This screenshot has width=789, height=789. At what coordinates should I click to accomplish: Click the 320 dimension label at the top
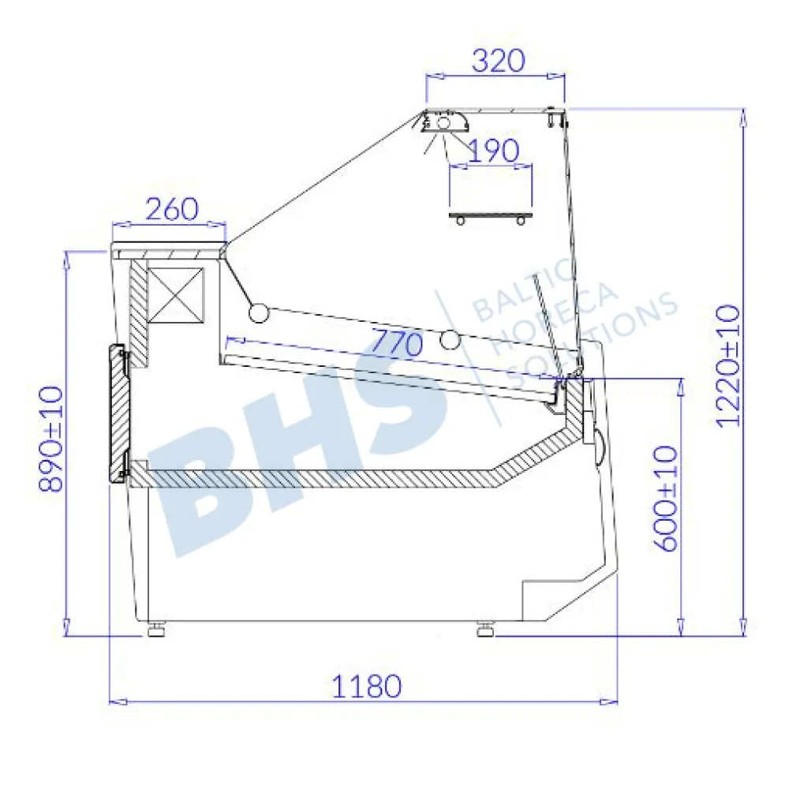pyautogui.click(x=498, y=61)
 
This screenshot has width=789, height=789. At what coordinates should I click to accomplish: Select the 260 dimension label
pyautogui.click(x=172, y=209)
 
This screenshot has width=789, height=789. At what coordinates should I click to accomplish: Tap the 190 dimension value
pyautogui.click(x=493, y=151)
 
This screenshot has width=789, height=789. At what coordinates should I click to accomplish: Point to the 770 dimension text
pyautogui.click(x=397, y=343)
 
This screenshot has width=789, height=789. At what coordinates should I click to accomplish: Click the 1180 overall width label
pyautogui.click(x=367, y=686)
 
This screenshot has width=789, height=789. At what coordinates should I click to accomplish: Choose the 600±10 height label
pyautogui.click(x=666, y=499)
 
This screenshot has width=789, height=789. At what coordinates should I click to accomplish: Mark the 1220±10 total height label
pyautogui.click(x=727, y=366)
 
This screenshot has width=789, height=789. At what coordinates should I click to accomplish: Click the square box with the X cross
pyautogui.click(x=176, y=295)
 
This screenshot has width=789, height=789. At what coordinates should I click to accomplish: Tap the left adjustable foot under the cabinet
pyautogui.click(x=156, y=629)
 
